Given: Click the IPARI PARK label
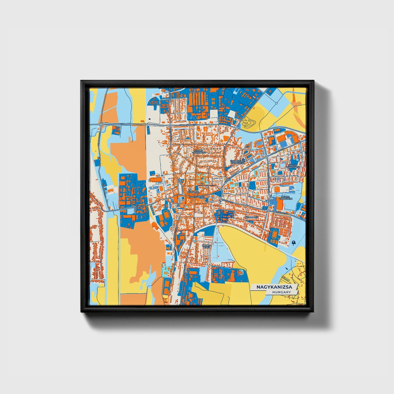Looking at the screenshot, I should pyautogui.click(x=194, y=91).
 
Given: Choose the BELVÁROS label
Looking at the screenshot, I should pyautogui.click(x=193, y=192).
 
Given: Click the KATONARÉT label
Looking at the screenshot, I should pyautogui.click(x=251, y=217).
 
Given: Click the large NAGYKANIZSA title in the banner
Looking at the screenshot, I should pyautogui.click(x=274, y=287).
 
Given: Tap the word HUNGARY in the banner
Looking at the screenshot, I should pyautogui.click(x=281, y=292).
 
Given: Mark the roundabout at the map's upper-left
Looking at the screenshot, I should pyautogui.click(x=101, y=124).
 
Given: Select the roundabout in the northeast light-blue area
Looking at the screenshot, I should pyautogui.click(x=276, y=103).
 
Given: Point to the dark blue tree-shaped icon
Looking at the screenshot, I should pyautogui.click(x=293, y=242).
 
